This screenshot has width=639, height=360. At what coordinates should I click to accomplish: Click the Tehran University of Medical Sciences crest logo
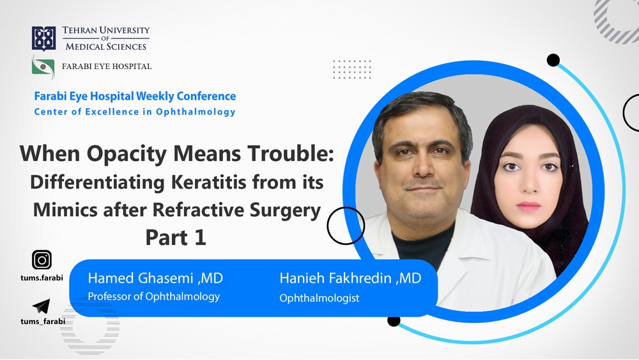coord(44,39)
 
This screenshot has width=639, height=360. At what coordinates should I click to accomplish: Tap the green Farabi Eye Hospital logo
coord(43,67)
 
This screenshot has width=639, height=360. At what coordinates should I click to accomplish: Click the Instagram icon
coord(42,260)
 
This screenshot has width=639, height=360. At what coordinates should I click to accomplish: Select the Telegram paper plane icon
coord(41,306)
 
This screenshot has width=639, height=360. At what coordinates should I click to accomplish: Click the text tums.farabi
coord(42,278)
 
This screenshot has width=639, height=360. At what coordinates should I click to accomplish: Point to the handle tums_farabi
coord(43,321)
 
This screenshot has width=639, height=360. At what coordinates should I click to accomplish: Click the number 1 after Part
coord(200,237)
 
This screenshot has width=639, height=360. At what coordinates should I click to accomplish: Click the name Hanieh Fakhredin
coord(335,278)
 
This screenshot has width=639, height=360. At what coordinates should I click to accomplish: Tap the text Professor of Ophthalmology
coord(154,297)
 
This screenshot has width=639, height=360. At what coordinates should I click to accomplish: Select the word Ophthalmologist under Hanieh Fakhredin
coord(319,298)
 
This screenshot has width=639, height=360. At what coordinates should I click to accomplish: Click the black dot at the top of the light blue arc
coord(553,60)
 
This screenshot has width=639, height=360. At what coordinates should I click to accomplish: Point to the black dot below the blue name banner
coord(394,320)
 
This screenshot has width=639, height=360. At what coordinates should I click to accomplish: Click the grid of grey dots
coord(352,69)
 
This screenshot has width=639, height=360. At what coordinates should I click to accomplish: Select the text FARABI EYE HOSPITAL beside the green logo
coord(107,67)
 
